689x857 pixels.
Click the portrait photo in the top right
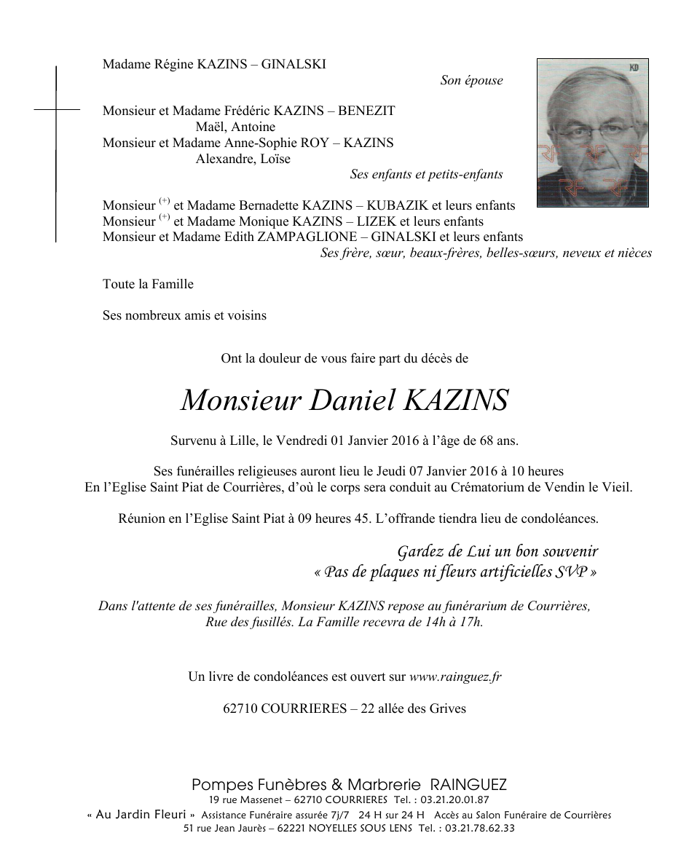pyautogui.click(x=592, y=133)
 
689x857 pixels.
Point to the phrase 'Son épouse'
pyautogui.click(x=471, y=80)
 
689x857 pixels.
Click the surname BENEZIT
pyautogui.click(x=366, y=111)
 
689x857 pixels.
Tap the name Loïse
pyautogui.click(x=275, y=159)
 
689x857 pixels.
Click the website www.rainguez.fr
pyautogui.click(x=455, y=676)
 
